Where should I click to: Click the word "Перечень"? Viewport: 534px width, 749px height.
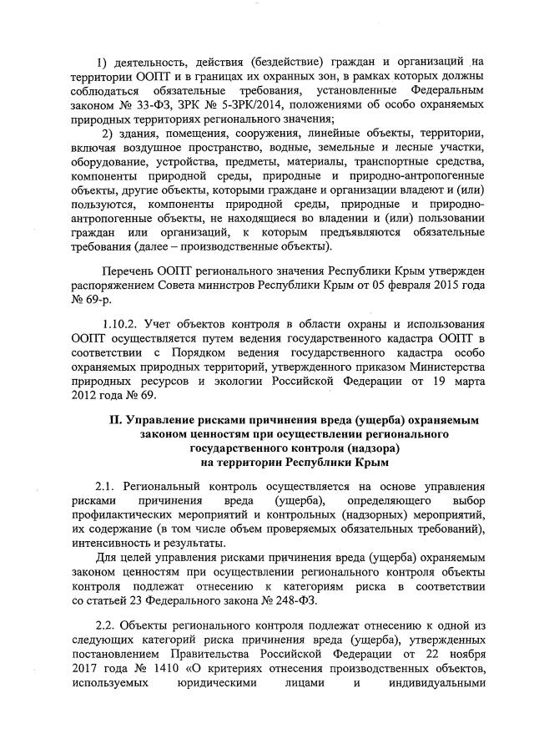click(x=128, y=272)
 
